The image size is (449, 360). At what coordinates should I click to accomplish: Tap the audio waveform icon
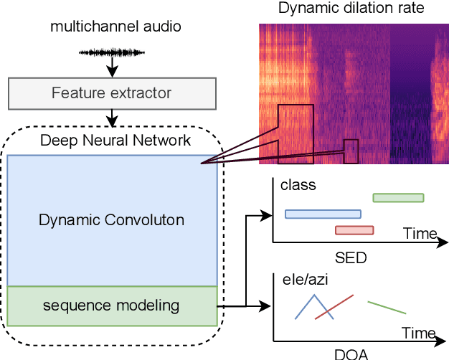(x=111, y=52)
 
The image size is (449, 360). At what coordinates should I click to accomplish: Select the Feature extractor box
(x=111, y=93)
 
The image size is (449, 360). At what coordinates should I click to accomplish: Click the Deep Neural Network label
(x=115, y=140)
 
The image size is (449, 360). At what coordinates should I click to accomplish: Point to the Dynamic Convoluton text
(x=111, y=220)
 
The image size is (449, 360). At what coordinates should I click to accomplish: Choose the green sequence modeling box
(x=111, y=306)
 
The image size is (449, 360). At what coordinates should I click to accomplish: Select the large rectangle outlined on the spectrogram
(x=296, y=133)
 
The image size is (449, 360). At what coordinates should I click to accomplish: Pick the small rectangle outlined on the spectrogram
(x=350, y=151)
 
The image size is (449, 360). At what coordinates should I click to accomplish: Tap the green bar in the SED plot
(x=398, y=197)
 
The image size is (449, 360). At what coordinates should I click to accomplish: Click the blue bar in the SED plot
(x=323, y=214)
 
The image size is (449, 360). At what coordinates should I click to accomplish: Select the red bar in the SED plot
(x=354, y=230)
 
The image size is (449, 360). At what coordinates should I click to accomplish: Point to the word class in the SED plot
(x=298, y=186)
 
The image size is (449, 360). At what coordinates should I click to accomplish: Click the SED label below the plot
(x=351, y=258)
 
